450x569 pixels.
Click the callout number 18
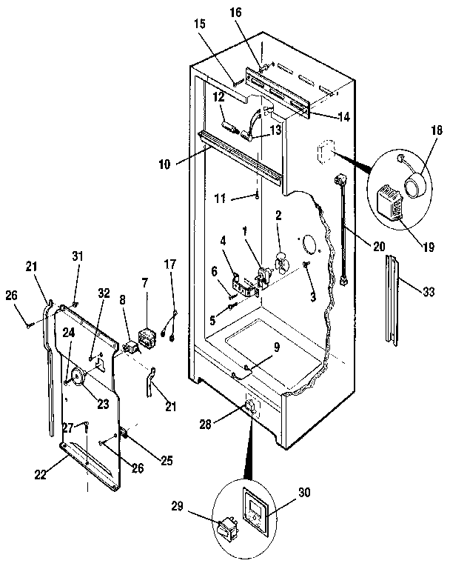437,130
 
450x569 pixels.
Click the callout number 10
164,164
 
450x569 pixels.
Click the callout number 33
429,292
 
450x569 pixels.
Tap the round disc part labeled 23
78,378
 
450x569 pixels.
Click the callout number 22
40,475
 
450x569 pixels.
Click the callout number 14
343,117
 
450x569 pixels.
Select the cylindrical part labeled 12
230,127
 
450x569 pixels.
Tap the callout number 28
205,424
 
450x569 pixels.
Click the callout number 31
77,256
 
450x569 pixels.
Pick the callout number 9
277,347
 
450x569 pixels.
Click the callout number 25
167,461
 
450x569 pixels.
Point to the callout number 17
170,264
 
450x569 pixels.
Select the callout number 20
378,247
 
